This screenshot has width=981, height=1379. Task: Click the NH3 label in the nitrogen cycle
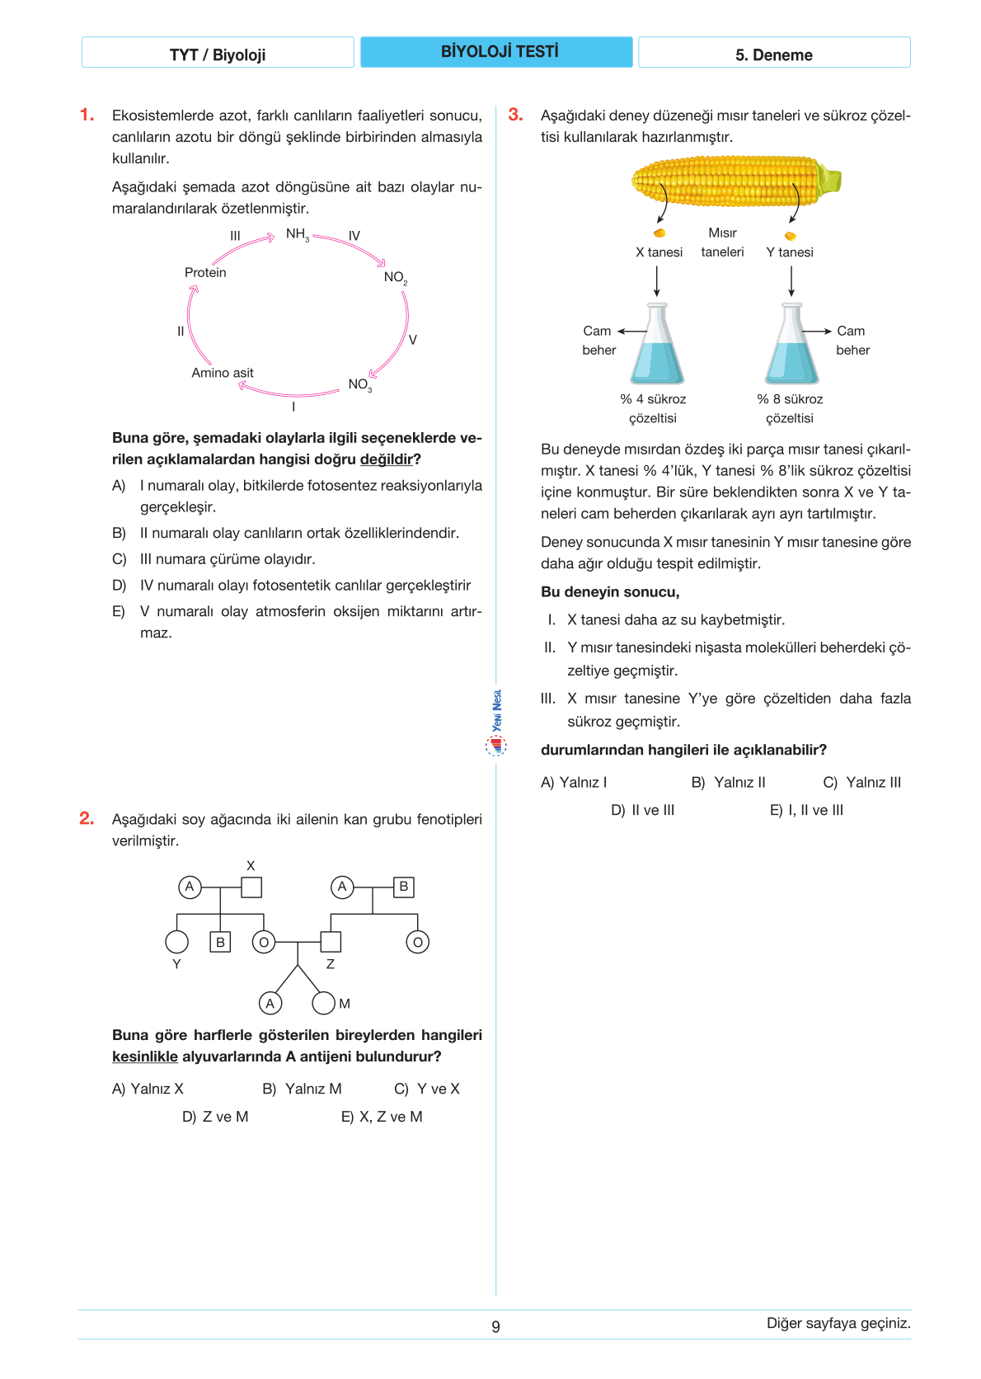297,235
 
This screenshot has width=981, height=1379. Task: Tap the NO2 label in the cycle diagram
395,278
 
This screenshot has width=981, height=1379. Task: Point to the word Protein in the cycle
205,273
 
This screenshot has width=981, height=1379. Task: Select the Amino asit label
223,373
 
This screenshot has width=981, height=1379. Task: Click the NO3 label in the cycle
359,385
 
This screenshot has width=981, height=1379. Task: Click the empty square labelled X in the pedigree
251,887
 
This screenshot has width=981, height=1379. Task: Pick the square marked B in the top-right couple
403,887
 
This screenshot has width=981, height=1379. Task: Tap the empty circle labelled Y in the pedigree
177,942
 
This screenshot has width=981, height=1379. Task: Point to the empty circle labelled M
323,1003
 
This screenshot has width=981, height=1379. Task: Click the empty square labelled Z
331,942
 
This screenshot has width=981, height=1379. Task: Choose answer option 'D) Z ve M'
215,1117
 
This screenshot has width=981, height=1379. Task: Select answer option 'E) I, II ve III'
806,811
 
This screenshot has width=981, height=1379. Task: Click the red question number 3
515,115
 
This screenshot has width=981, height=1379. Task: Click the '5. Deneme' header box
774,54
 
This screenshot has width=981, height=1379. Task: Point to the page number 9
495,1327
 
